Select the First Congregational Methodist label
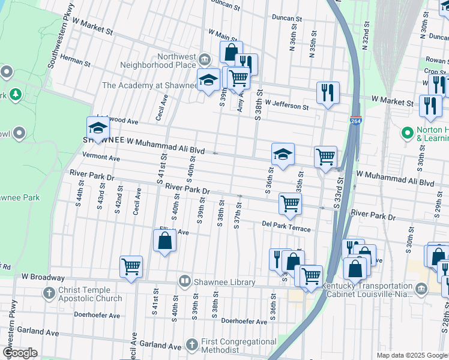click(238, 345)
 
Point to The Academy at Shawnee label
click(149, 85)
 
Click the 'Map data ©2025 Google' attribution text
click(411, 355)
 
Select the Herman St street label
click(75, 62)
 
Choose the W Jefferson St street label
click(286, 106)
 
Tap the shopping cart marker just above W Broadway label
click(131, 266)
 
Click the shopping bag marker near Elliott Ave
click(165, 241)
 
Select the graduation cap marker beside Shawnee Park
click(98, 127)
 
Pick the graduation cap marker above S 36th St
click(283, 154)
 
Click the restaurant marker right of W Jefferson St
click(328, 92)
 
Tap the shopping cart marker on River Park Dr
click(290, 203)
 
